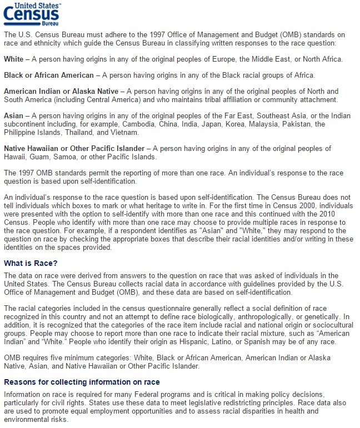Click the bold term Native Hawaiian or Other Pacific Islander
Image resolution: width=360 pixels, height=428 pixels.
click(x=75, y=148)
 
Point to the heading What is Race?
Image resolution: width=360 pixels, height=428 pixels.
click(x=31, y=263)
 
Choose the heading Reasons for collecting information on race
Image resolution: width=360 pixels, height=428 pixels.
click(x=82, y=382)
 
